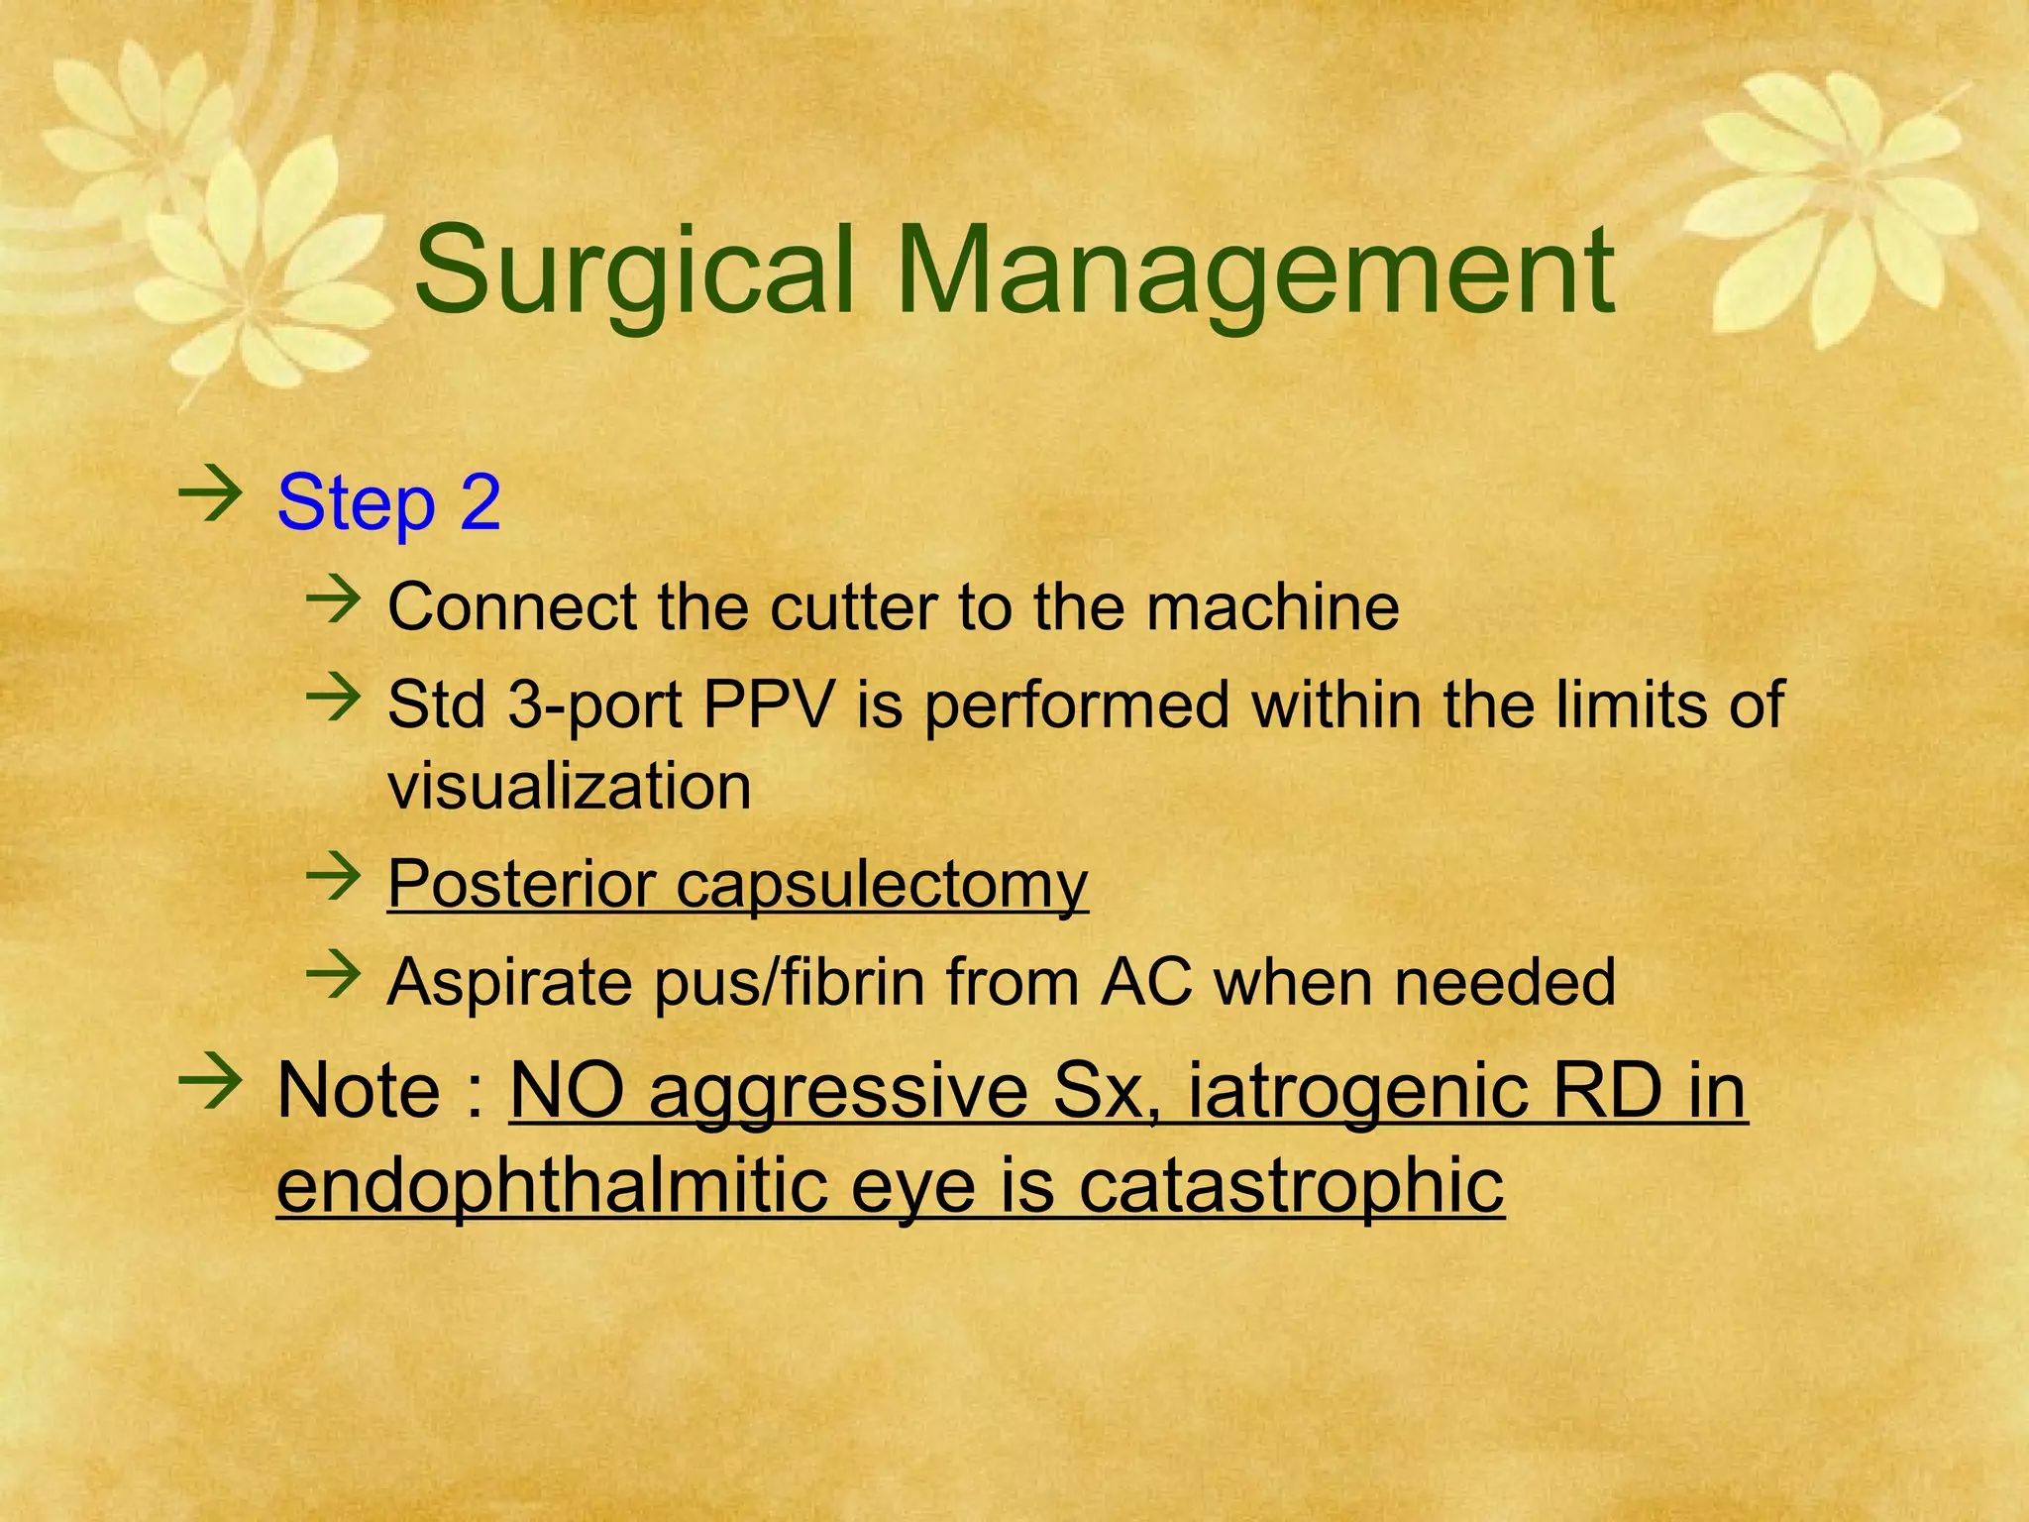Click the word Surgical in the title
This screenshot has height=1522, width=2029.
[634, 272]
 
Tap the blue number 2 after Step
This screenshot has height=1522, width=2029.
[481, 503]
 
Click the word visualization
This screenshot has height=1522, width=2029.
[570, 787]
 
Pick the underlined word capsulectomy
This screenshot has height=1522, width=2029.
[882, 885]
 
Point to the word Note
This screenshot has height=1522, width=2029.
[359, 1091]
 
